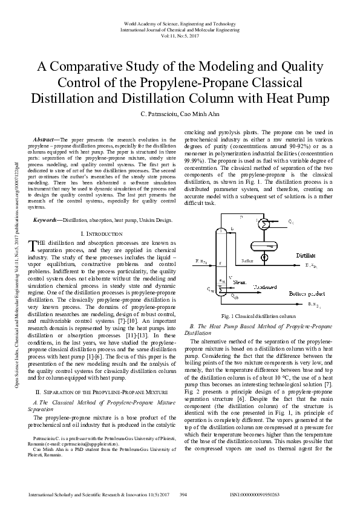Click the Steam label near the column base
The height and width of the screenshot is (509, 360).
(x=240, y=282)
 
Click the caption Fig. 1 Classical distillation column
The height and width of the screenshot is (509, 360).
(x=258, y=316)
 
